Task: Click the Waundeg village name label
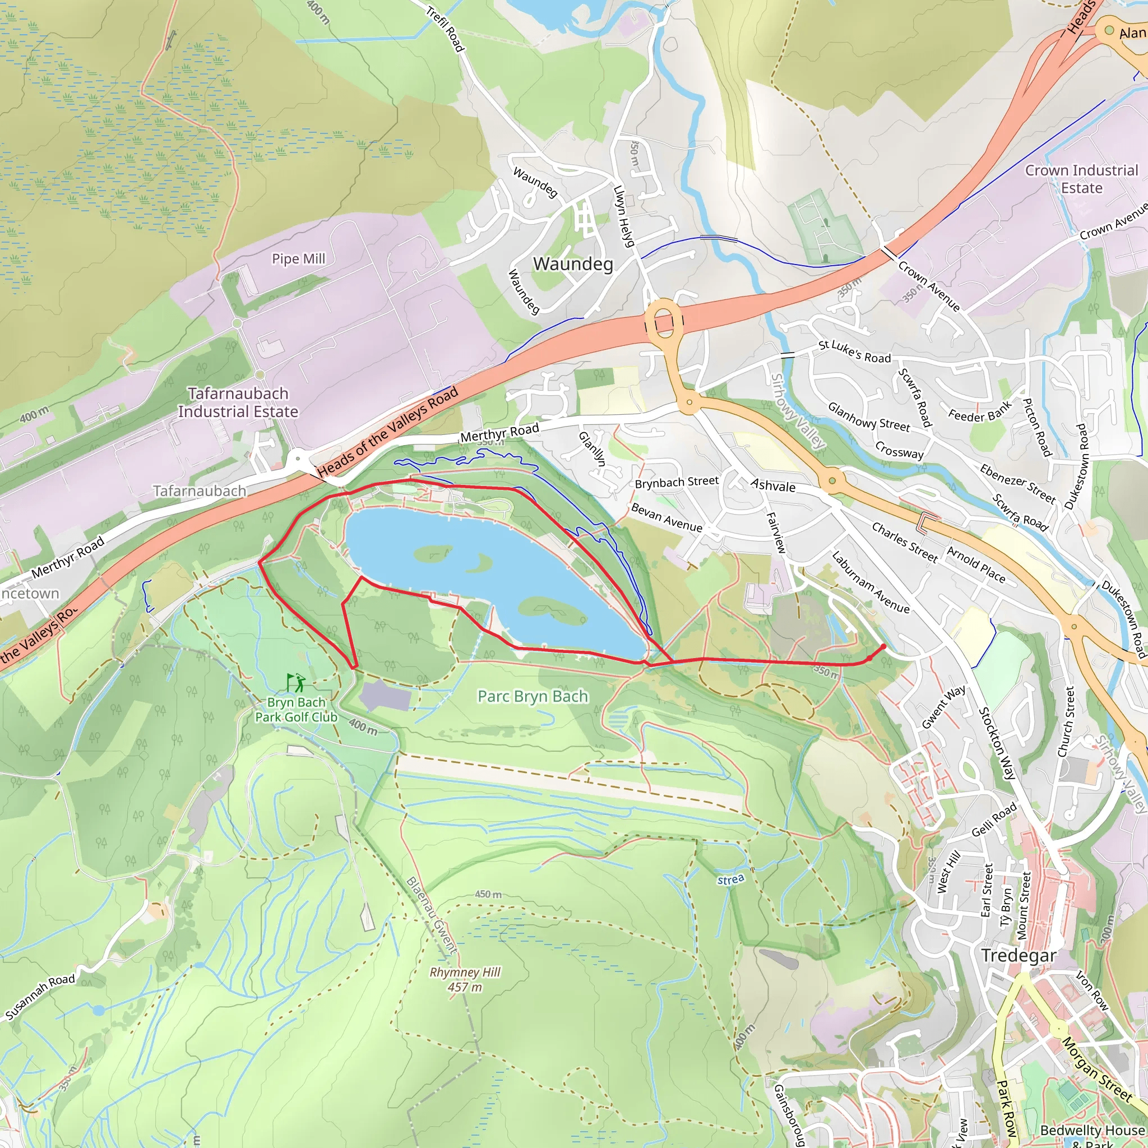pos(573,264)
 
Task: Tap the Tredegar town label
pos(1019,956)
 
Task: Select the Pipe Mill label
pos(298,259)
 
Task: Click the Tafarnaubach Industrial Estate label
pos(238,402)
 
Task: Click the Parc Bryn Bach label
pos(533,696)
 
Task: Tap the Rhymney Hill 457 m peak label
pos(465,980)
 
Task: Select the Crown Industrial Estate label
pos(1081,179)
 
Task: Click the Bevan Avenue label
pos(666,517)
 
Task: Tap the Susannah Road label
pos(40,997)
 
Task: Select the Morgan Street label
pos(1096,1070)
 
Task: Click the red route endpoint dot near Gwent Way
pos(883,646)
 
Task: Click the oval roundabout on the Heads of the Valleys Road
pos(664,320)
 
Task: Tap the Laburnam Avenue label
pos(870,582)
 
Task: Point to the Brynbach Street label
pos(676,482)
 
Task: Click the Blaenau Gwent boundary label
pos(432,916)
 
